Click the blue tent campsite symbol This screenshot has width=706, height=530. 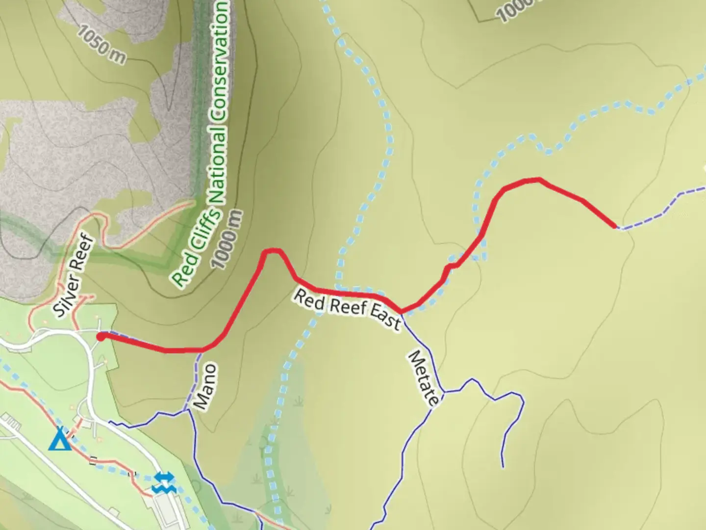coord(60,439)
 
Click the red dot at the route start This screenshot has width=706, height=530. coord(101,337)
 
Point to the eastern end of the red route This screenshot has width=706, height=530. coord(616,227)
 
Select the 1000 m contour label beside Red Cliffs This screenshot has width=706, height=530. coord(227,239)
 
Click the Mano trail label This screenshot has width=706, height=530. coord(205,387)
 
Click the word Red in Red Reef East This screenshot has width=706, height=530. coord(309,299)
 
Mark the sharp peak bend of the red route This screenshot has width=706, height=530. coord(273,251)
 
